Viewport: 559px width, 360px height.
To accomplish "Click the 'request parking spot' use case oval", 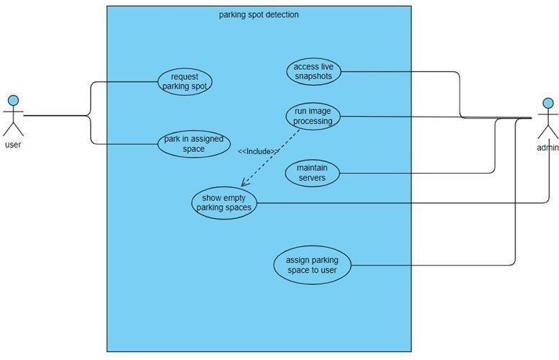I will (184, 81).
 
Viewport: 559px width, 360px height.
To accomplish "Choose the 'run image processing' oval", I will (313, 117).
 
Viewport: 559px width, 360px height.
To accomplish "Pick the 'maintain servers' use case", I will (312, 173).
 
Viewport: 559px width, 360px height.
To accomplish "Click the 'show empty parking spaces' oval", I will (224, 203).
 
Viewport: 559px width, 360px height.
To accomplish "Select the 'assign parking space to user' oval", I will (312, 265).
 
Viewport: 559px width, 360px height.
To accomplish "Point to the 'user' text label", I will (13, 145).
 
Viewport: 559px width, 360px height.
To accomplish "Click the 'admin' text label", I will (547, 148).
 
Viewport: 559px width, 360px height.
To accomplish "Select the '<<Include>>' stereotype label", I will (259, 151).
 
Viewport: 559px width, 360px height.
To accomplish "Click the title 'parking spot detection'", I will (259, 14).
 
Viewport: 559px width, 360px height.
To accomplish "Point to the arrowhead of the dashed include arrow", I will (243, 184).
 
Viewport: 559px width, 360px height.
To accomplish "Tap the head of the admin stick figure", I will (547, 104).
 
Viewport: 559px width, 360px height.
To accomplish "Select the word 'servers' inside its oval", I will (312, 178).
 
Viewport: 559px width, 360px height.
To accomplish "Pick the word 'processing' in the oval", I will (313, 122).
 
